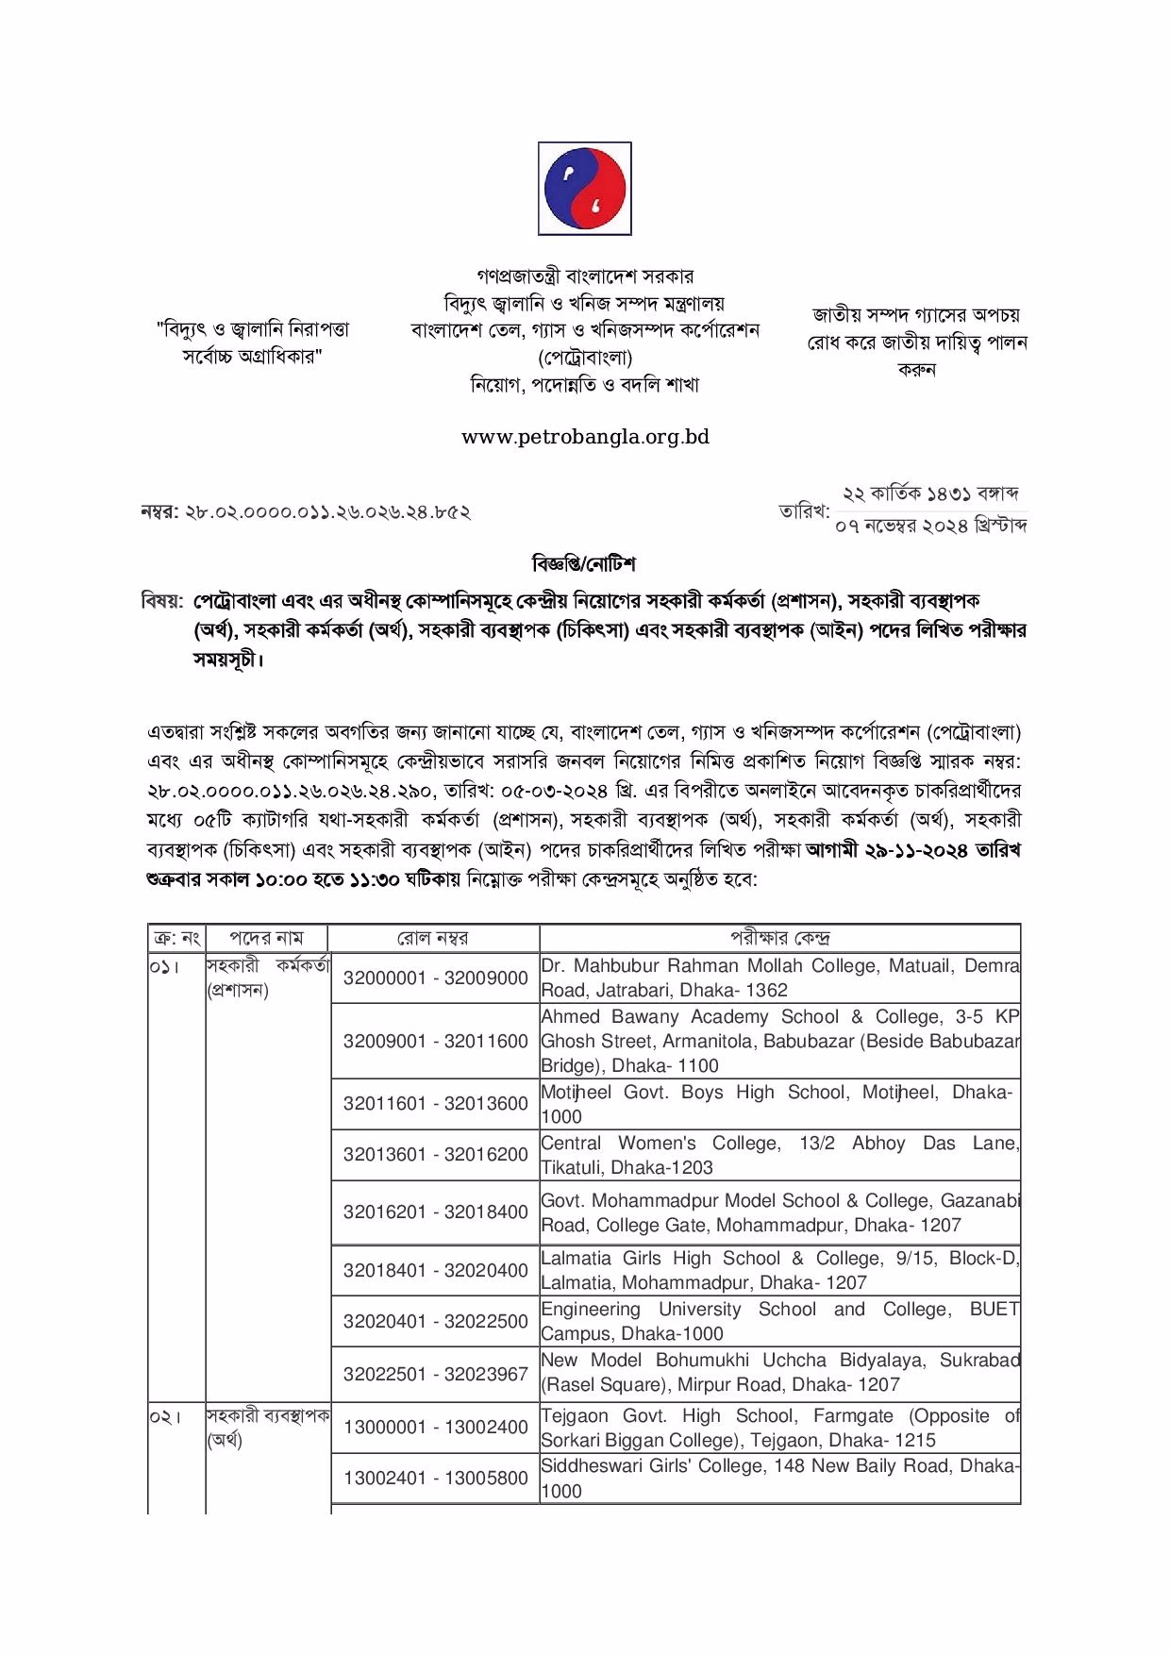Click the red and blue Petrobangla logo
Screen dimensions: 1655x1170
pyautogui.click(x=584, y=189)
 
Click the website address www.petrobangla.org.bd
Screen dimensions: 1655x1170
pyautogui.click(x=585, y=437)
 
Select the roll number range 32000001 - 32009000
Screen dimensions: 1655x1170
pyautogui.click(x=435, y=978)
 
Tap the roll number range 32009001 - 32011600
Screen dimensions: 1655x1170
pyautogui.click(x=435, y=1042)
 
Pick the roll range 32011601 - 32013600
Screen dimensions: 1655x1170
pyautogui.click(x=435, y=1104)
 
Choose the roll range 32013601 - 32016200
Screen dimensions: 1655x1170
pyautogui.click(x=435, y=1155)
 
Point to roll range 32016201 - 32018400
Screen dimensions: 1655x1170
pyautogui.click(x=435, y=1212)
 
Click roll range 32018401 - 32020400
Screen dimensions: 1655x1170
pyautogui.click(x=435, y=1270)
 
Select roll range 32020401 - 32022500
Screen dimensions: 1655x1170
pyautogui.click(x=435, y=1321)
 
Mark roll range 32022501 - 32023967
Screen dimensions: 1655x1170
pyautogui.click(x=435, y=1374)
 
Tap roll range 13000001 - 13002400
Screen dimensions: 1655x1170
pyautogui.click(x=435, y=1428)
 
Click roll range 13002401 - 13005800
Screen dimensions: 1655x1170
pyautogui.click(x=435, y=1479)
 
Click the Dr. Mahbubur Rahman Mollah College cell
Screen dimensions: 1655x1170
pyautogui.click(x=779, y=978)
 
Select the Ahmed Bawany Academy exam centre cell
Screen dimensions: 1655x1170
pyautogui.click(x=779, y=1042)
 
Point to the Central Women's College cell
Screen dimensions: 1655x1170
pyautogui.click(x=779, y=1155)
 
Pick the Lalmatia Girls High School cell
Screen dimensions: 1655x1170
pyautogui.click(x=779, y=1270)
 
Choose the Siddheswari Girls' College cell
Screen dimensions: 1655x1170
pyautogui.click(x=779, y=1479)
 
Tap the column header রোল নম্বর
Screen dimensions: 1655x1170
pyautogui.click(x=434, y=938)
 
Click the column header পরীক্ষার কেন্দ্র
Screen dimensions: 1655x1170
pyautogui.click(x=779, y=938)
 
